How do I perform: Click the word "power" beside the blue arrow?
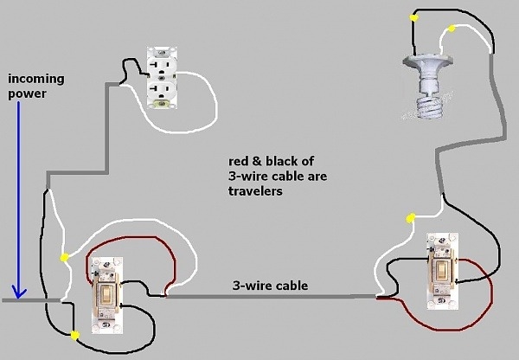click(x=26, y=94)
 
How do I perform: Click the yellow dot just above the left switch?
click(x=64, y=257)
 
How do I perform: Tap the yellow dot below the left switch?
click(x=75, y=334)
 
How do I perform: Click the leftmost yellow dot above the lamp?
click(x=416, y=16)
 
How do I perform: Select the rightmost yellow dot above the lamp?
click(x=451, y=30)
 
